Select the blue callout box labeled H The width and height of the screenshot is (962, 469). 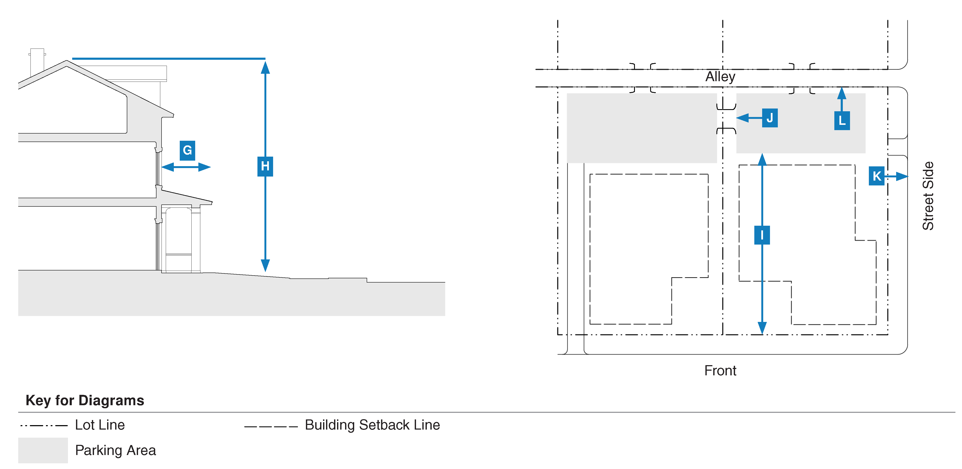[x=265, y=166]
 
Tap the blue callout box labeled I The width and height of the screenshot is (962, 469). [x=762, y=235]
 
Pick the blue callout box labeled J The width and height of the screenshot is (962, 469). [x=770, y=118]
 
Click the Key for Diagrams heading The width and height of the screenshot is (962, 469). [x=85, y=400]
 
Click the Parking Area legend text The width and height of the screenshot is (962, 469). [x=115, y=450]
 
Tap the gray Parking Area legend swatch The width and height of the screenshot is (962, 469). [x=43, y=450]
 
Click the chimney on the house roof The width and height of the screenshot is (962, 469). [x=37, y=62]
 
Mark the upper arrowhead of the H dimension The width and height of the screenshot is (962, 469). [x=265, y=67]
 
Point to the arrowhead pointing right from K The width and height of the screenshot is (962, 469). [x=902, y=176]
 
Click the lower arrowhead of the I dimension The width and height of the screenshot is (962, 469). [x=762, y=328]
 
